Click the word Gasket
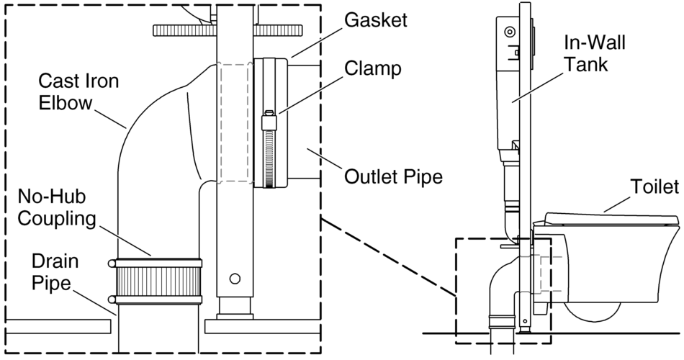coord(374,20)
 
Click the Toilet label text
coord(653,188)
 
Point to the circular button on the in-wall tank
coord(510,32)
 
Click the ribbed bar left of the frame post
coord(184,31)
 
